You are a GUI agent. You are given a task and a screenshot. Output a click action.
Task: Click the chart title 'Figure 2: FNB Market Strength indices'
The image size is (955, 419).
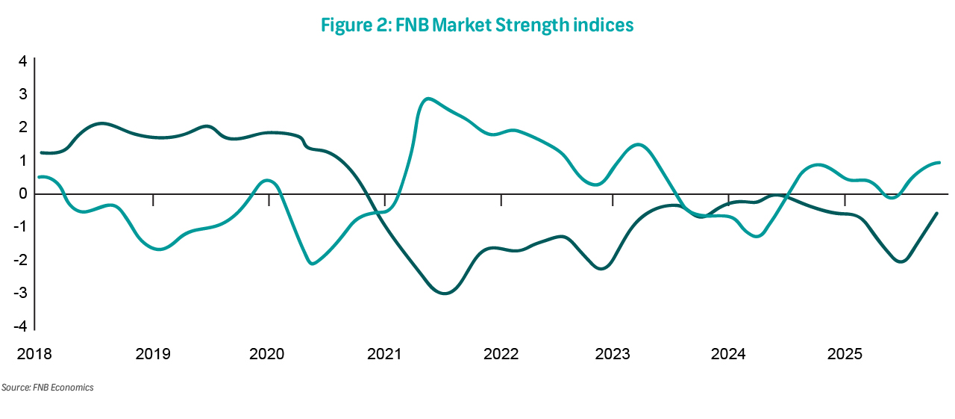click(x=477, y=25)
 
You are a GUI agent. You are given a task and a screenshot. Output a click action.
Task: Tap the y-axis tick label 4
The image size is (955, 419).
click(x=23, y=61)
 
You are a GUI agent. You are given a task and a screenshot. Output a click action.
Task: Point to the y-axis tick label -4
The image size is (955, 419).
click(x=22, y=326)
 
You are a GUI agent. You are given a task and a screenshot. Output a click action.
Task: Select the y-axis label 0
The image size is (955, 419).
click(x=23, y=193)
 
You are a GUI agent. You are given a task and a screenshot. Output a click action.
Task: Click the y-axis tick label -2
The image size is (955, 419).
click(x=22, y=260)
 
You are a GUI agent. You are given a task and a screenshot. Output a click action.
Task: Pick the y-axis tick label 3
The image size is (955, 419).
click(x=23, y=94)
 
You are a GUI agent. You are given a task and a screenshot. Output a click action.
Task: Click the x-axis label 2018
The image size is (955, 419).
click(x=35, y=353)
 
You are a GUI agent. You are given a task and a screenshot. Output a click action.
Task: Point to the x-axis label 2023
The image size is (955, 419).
click(x=613, y=353)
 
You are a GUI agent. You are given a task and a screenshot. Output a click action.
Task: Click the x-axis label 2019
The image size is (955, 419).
click(x=152, y=353)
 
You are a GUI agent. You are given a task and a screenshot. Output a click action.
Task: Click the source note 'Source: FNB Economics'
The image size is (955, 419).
click(x=47, y=388)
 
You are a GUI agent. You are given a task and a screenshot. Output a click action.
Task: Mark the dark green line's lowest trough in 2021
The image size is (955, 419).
click(x=445, y=293)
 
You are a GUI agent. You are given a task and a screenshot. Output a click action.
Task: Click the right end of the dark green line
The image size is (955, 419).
click(x=937, y=214)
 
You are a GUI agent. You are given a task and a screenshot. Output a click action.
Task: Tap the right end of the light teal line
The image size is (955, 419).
click(x=939, y=162)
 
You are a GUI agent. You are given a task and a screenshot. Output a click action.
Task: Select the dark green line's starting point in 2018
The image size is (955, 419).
click(x=41, y=152)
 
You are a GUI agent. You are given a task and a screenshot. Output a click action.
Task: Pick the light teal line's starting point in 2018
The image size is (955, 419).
click(x=39, y=177)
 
